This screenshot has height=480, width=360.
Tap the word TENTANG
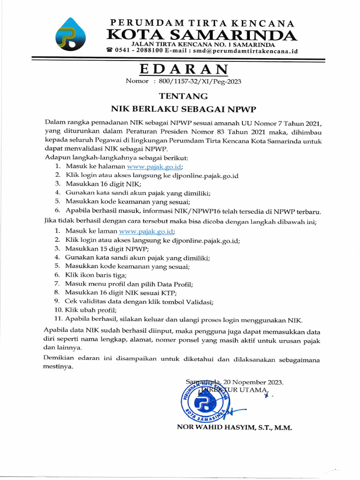coord(183,96)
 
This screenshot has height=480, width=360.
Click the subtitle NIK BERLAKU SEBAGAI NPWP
coord(183,109)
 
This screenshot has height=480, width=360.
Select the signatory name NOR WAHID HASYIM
coord(217,427)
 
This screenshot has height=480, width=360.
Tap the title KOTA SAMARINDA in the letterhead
coord(201,35)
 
